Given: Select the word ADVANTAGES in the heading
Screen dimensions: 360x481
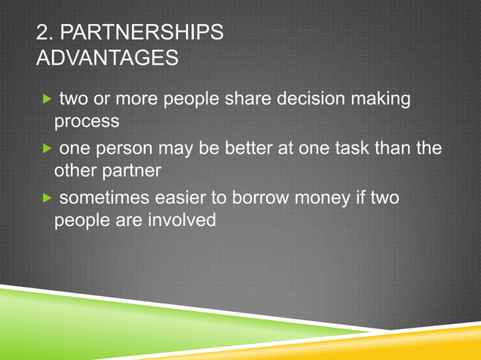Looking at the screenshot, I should (x=108, y=57).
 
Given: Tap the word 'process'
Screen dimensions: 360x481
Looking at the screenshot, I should (x=87, y=122).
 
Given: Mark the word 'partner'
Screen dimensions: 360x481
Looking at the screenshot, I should (x=130, y=171).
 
